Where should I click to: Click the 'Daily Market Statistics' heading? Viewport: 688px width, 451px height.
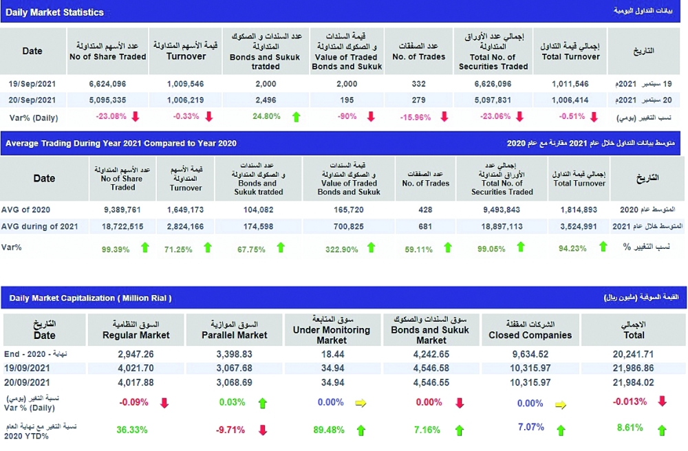click(55, 12)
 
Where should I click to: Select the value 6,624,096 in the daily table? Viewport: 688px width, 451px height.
click(107, 83)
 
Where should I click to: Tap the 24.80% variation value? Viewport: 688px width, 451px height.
click(266, 116)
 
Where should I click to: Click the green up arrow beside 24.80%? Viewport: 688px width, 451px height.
click(297, 117)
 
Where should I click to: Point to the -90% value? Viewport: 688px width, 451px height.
click(346, 116)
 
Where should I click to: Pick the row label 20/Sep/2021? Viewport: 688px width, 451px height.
click(32, 100)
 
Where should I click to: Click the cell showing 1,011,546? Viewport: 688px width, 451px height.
click(570, 83)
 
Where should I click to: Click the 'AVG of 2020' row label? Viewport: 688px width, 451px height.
click(26, 210)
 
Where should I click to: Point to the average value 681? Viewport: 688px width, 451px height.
click(424, 226)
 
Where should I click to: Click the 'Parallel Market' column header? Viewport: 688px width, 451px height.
click(234, 335)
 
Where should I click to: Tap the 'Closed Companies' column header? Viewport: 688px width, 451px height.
click(530, 335)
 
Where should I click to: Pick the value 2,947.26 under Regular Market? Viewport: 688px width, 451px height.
click(136, 354)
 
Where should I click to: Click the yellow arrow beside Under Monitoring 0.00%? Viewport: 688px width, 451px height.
click(361, 404)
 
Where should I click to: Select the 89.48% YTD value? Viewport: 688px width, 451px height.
click(327, 430)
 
